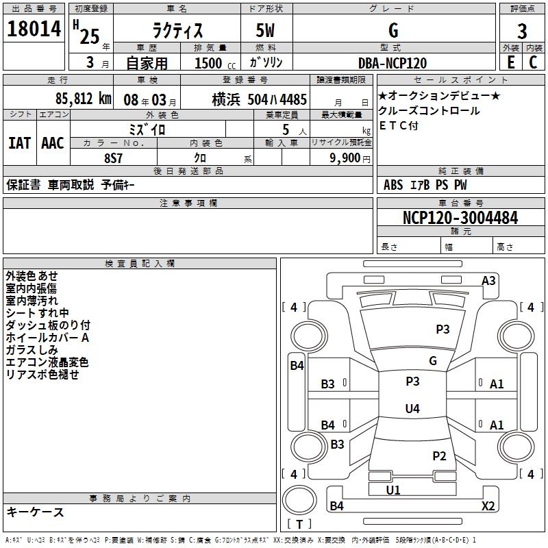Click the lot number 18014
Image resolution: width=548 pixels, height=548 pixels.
(34, 29)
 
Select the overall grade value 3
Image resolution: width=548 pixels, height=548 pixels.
(522, 31)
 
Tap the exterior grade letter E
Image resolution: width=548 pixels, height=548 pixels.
(510, 62)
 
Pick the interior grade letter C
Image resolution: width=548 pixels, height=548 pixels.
(533, 62)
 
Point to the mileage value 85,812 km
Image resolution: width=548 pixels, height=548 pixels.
(83, 99)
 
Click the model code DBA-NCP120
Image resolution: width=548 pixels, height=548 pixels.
(393, 63)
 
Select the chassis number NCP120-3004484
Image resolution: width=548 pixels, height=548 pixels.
(460, 218)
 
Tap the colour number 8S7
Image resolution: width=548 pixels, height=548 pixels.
(114, 158)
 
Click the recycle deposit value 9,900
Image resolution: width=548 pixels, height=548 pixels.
(345, 158)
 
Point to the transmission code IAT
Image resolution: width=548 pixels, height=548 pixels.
(20, 143)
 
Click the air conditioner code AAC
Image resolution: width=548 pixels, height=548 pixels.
(53, 143)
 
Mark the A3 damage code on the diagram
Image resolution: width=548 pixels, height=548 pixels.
(488, 281)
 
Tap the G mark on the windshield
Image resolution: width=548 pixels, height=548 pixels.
(433, 361)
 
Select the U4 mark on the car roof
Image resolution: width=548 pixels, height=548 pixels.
(412, 408)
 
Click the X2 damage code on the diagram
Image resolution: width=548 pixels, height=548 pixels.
(488, 506)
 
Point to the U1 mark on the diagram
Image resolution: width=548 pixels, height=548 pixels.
(393, 490)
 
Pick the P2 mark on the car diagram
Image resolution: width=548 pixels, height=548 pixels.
(439, 456)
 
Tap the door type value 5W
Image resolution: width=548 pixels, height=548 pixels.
(265, 30)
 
